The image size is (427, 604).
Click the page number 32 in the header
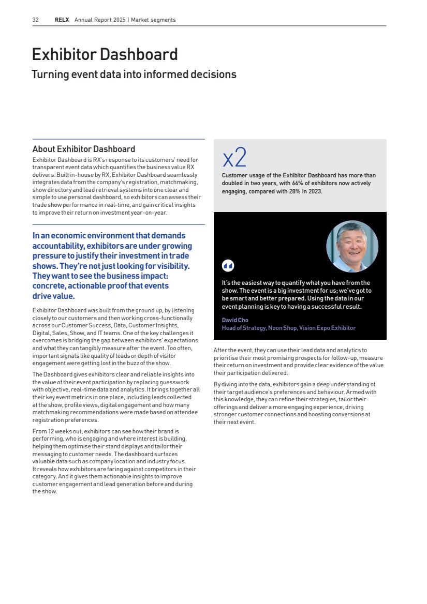(x=36, y=20)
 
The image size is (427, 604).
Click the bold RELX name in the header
(x=63, y=20)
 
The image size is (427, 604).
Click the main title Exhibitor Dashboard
(x=105, y=54)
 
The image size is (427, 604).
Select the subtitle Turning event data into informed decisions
(x=134, y=74)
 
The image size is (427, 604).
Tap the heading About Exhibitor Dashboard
(x=83, y=149)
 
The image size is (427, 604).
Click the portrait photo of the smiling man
(x=352, y=246)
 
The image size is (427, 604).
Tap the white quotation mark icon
(x=228, y=266)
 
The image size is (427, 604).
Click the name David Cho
(x=235, y=320)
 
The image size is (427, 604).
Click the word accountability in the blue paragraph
(x=57, y=246)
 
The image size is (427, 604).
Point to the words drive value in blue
(x=54, y=296)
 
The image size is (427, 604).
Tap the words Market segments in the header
(x=153, y=20)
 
